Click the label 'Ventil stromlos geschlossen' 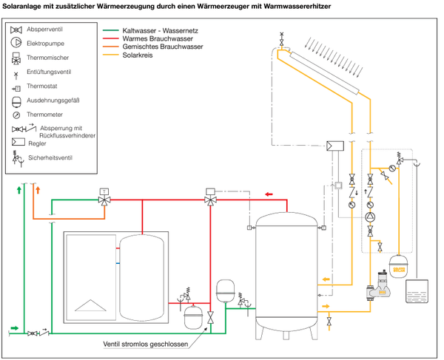(146, 345)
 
